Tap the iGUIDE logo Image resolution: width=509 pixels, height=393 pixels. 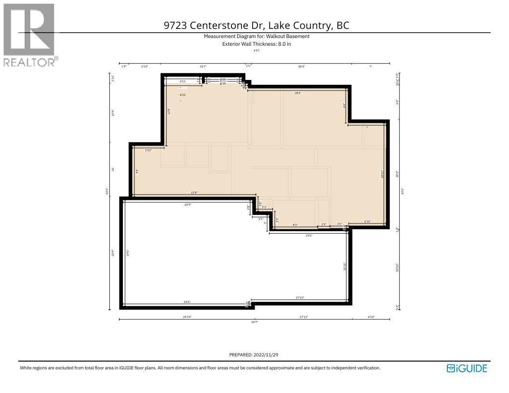click(x=467, y=368)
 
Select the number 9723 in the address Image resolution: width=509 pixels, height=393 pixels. click(x=176, y=26)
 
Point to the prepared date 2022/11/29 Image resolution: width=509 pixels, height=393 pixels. click(x=267, y=355)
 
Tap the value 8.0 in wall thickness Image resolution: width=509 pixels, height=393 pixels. click(x=281, y=44)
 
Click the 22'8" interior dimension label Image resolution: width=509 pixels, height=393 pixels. click(x=194, y=193)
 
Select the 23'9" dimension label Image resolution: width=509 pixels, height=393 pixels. click(x=188, y=205)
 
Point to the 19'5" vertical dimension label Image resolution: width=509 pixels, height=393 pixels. click(x=128, y=252)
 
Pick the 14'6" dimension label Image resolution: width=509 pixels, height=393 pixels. click(x=308, y=236)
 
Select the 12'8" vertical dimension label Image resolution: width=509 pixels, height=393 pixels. click(x=168, y=111)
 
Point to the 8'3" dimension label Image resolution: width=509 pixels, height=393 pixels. click(x=295, y=224)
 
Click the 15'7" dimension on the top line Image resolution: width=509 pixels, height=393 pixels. click(x=203, y=66)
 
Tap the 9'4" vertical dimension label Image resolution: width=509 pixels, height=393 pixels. click(x=137, y=170)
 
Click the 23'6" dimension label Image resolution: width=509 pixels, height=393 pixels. click(x=187, y=302)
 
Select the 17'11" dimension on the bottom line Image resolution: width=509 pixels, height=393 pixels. click(x=304, y=317)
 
